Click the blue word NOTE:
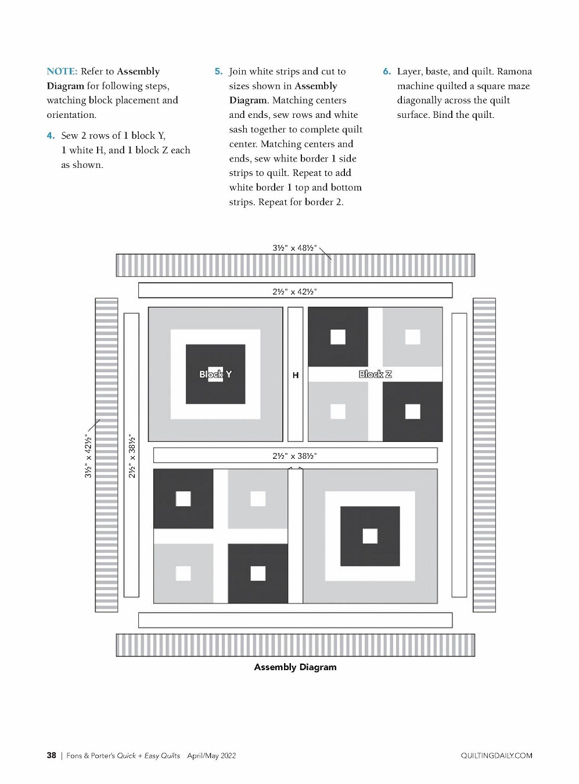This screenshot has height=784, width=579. coord(62,71)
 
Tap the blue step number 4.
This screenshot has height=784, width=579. coord(51,136)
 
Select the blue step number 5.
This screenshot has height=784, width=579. coord(218,71)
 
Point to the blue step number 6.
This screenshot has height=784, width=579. coord(387,71)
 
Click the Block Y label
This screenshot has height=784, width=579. coord(215,374)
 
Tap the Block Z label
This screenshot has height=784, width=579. coord(375,374)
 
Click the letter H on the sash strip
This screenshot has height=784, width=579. coord(296,375)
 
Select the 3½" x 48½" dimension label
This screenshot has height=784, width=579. coord(294,248)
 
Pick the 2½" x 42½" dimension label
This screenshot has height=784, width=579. coord(294,292)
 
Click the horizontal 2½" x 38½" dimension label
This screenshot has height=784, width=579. coord(294,456)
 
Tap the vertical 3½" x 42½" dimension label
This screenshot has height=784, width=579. coord(88,456)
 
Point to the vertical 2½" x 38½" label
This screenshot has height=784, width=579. coord(132,456)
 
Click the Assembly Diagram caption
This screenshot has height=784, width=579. coord(295,667)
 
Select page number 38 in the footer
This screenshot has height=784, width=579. coord(51,756)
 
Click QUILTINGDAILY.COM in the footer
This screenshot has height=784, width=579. coord(497,756)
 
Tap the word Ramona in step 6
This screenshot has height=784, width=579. coord(515,71)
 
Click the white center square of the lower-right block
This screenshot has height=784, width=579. coord(370,536)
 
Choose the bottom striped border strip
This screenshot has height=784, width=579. coord(296,645)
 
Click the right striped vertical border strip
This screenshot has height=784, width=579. coord(484,455)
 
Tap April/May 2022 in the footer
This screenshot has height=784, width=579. coord(211,756)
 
